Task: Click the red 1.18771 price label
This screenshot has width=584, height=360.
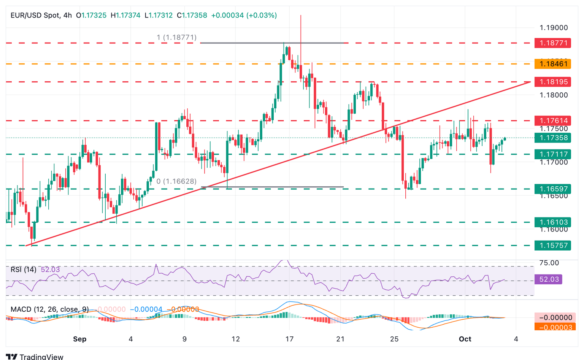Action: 553,43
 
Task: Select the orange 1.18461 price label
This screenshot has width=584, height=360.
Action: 553,64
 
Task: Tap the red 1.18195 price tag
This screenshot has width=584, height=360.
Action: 553,82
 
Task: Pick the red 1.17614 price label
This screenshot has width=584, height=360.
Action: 553,121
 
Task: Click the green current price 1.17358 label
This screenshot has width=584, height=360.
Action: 553,138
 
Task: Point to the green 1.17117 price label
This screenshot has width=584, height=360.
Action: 553,154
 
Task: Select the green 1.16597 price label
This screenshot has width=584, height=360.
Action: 553,189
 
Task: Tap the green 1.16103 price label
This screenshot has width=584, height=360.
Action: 553,222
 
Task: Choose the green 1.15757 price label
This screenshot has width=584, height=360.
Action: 553,246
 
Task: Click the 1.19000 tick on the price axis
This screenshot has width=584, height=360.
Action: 554,28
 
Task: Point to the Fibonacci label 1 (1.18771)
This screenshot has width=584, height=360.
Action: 177,37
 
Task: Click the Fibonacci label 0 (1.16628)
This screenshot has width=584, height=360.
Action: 176,181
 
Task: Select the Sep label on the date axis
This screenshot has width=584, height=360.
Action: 80,339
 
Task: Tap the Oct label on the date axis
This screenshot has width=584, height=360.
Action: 465,339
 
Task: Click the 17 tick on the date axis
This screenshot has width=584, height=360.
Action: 289,339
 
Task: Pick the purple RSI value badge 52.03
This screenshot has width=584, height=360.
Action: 549,279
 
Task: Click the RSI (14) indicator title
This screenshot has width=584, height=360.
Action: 24,270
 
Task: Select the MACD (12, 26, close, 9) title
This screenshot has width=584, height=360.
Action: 49,309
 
